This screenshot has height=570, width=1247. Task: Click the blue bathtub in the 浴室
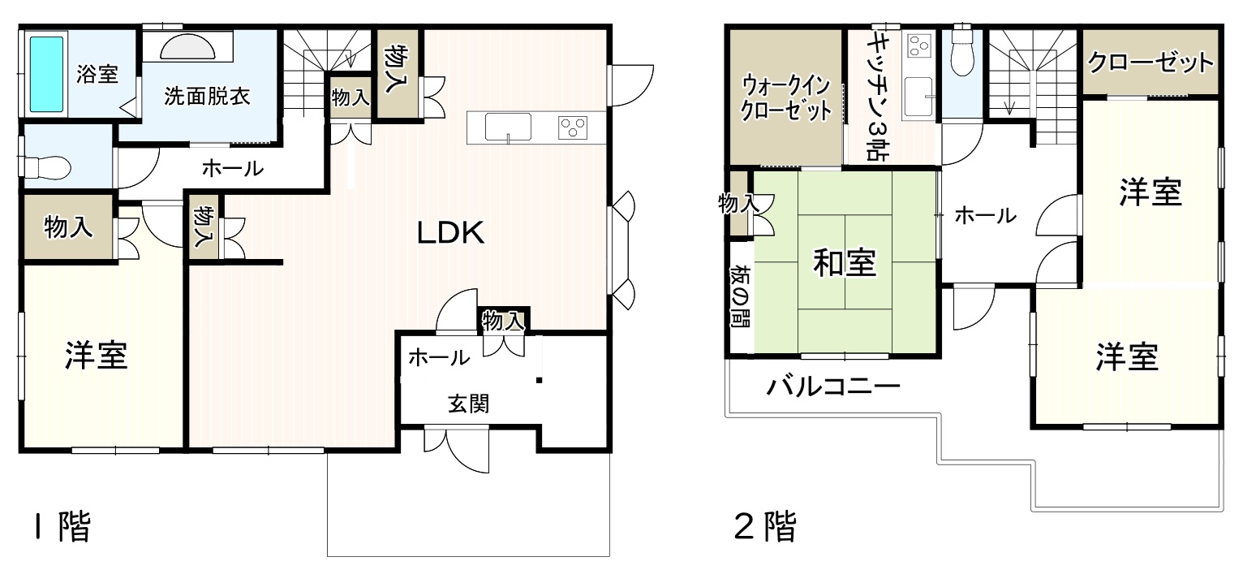[x=46, y=74]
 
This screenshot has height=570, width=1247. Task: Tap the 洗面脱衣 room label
[x=207, y=97]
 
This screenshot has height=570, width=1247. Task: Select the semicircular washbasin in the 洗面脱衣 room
[x=187, y=47]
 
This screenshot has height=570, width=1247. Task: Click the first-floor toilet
[x=45, y=166]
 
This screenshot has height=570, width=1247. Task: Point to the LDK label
[x=451, y=233]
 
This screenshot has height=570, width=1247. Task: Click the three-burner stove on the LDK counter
[x=574, y=127]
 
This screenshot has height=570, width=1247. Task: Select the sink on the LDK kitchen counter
[x=508, y=127]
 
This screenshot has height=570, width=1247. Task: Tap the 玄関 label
[x=469, y=404]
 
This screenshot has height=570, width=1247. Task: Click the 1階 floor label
[x=62, y=526]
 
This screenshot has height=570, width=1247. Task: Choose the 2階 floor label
[x=765, y=526]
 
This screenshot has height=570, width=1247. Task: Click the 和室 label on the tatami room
[x=845, y=263]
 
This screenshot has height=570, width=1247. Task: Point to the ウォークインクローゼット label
[x=786, y=98]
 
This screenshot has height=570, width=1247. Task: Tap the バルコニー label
[x=833, y=386]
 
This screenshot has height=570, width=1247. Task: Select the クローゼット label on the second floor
[x=1150, y=63]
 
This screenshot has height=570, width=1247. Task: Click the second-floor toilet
[x=962, y=53]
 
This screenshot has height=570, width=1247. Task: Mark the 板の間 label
[x=740, y=297]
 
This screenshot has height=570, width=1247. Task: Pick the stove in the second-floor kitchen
[x=920, y=45]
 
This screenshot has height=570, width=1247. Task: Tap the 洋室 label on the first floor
[x=97, y=356]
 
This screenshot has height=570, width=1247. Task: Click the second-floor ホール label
[x=985, y=215]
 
